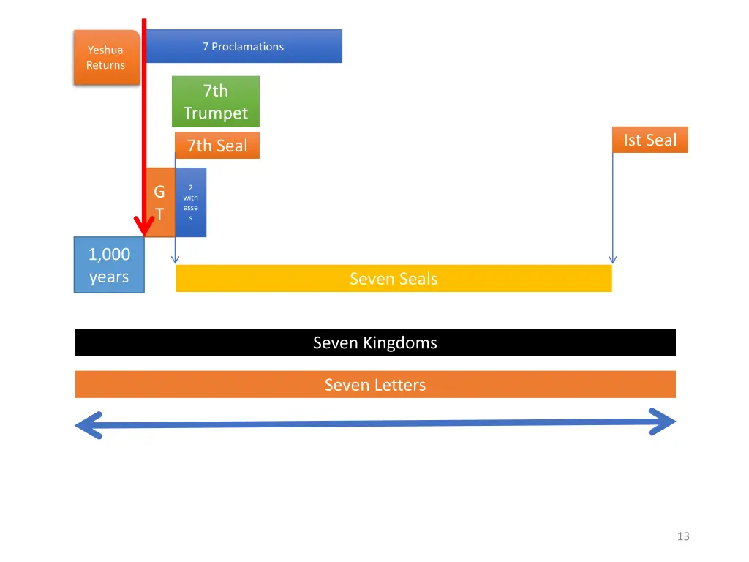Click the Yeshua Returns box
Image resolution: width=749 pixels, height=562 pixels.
tap(106, 58)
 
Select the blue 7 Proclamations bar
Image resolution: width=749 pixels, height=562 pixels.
tap(244, 46)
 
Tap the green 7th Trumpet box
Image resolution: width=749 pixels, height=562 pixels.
tap(216, 102)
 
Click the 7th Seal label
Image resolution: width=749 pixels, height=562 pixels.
tap(217, 146)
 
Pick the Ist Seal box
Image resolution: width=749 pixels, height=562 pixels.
tap(650, 140)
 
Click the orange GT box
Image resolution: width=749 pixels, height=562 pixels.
tap(159, 203)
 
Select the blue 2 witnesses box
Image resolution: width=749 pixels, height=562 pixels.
tap(190, 203)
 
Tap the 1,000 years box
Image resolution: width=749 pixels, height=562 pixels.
tap(109, 265)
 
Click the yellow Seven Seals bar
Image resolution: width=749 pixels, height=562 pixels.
tap(394, 279)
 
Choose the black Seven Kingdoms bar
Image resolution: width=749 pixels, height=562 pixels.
tap(374, 342)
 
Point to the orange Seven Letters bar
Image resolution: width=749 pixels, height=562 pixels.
tap(374, 385)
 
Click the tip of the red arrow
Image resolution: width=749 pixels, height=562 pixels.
tap(145, 233)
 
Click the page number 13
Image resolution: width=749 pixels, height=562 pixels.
tap(683, 536)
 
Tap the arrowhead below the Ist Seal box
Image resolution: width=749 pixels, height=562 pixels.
tap(613, 259)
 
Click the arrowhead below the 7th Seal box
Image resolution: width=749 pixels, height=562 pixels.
tap(175, 259)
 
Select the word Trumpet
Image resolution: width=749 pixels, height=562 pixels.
tap(216, 113)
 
